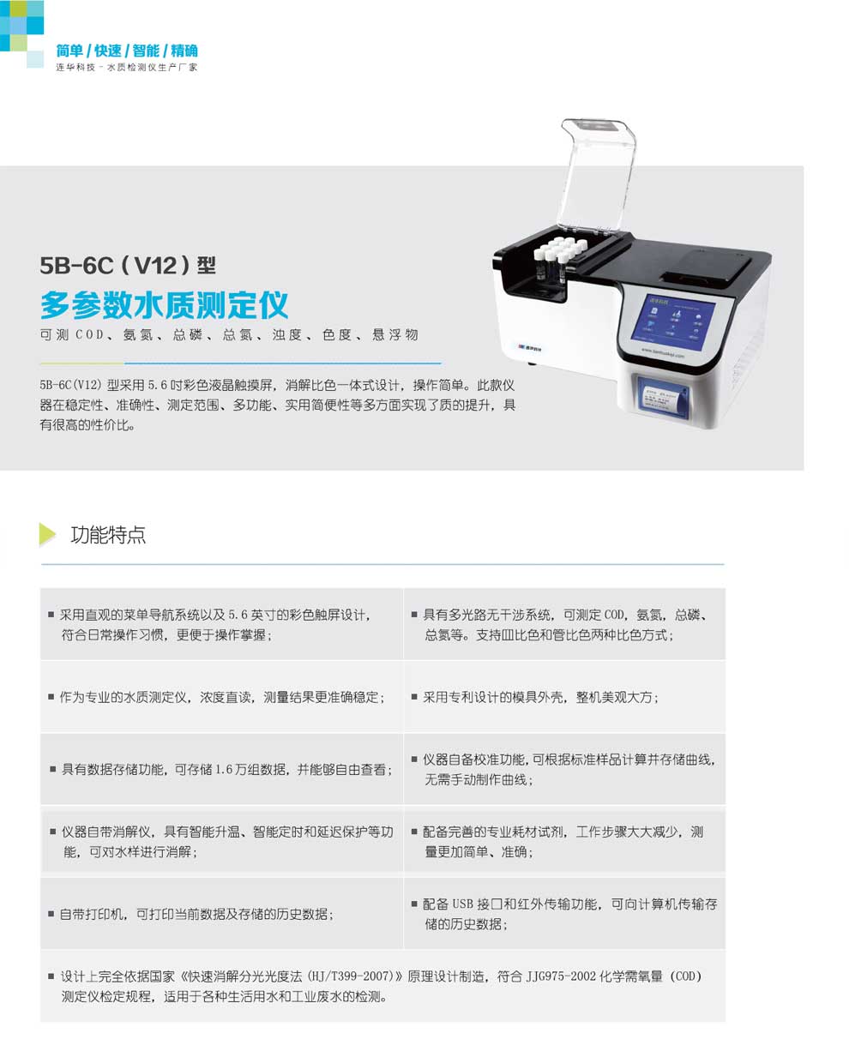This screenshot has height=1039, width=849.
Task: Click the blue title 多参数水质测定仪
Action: pyautogui.click(x=164, y=304)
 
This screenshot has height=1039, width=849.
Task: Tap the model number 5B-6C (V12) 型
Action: pyautogui.click(x=128, y=266)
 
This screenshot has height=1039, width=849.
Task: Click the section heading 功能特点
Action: pyautogui.click(x=108, y=535)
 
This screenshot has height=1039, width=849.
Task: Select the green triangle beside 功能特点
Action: pyautogui.click(x=47, y=535)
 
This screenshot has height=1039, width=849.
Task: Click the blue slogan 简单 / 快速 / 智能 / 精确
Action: pyautogui.click(x=127, y=51)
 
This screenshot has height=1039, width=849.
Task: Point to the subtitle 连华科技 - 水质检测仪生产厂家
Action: pyautogui.click(x=127, y=67)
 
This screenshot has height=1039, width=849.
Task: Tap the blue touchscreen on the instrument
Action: pyautogui.click(x=673, y=321)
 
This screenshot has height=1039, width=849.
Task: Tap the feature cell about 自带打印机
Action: pyautogui.click(x=221, y=913)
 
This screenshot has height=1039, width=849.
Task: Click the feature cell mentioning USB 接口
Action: pyautogui.click(x=564, y=913)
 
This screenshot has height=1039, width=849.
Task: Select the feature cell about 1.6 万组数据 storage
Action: pyautogui.click(x=221, y=769)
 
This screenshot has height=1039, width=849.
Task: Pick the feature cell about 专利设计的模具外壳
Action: pyautogui.click(x=564, y=697)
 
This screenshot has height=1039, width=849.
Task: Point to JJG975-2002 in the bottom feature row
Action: pyautogui.click(x=561, y=976)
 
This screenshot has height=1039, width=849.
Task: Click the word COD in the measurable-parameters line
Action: pyautogui.click(x=89, y=334)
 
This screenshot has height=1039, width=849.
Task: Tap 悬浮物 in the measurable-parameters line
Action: pyautogui.click(x=395, y=334)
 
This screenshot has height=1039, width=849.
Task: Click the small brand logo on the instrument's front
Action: pyautogui.click(x=529, y=348)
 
